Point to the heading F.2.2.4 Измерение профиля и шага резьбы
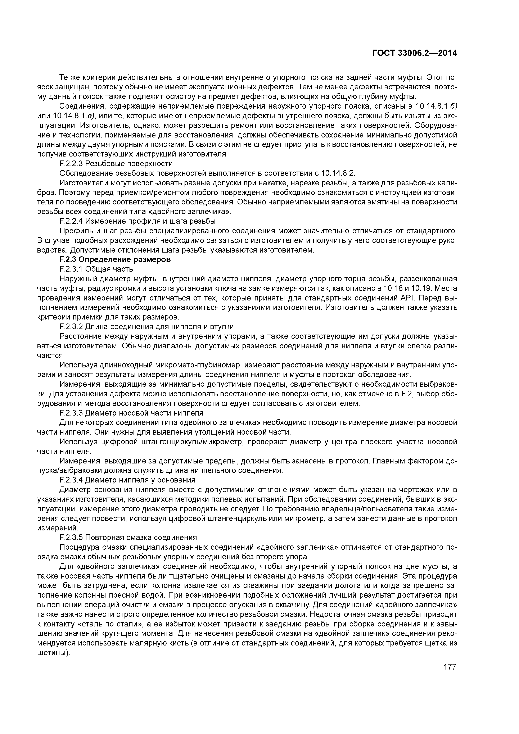click(137, 221)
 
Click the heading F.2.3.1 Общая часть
click(96, 269)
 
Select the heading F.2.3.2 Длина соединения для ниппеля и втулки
click(146, 326)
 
